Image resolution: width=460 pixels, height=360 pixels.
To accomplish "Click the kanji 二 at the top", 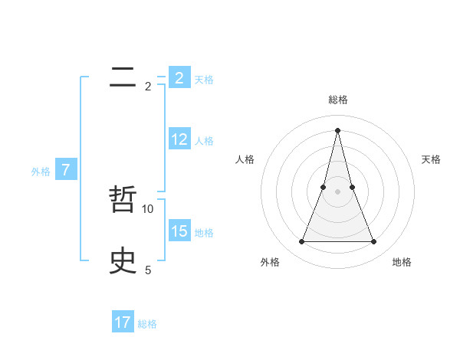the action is [123, 78].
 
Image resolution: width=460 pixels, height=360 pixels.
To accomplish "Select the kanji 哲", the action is [123, 201].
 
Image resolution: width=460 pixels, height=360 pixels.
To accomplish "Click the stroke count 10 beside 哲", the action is [148, 208].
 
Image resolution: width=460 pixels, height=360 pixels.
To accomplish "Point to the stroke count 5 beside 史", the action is [148, 270].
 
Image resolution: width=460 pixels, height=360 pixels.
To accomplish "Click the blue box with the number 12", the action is [179, 139].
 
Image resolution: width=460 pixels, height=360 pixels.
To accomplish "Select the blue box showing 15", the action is [179, 231].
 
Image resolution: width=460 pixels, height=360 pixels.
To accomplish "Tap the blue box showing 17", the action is [123, 322].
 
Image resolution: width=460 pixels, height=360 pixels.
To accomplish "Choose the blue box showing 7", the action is [66, 170].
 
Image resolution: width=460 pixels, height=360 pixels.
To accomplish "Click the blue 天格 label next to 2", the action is [204, 79].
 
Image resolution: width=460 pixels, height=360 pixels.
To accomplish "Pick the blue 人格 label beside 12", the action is [204, 140].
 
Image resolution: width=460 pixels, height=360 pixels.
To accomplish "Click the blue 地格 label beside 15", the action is [204, 232].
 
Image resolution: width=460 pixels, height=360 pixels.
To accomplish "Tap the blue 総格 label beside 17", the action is [147, 324].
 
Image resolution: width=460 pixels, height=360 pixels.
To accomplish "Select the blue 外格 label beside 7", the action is [41, 172].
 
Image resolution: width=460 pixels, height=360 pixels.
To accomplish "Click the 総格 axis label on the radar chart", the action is [337, 100].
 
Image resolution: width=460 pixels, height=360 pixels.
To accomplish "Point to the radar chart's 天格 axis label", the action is [431, 159].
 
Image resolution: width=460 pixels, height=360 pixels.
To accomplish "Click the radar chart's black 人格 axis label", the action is [245, 159].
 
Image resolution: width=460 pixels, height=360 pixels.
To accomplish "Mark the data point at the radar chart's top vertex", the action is [337, 129].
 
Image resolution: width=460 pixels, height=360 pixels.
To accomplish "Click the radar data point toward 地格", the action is [374, 242].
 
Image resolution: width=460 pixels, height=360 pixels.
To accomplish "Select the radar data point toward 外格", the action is [301, 242].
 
